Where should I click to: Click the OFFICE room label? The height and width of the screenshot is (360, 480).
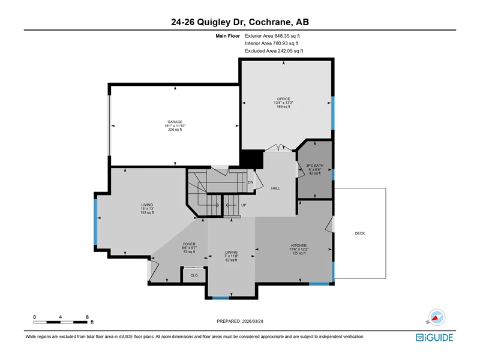point(283,99)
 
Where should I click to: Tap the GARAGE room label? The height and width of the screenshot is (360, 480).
point(175,122)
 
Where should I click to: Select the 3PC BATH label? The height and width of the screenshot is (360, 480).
point(314,166)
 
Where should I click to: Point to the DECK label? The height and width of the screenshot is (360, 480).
point(359,233)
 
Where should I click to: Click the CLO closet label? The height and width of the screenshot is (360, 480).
point(194,275)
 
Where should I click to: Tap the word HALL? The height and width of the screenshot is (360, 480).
point(275,188)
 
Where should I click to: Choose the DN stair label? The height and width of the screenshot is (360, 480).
point(251,182)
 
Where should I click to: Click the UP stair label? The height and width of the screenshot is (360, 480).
point(244,205)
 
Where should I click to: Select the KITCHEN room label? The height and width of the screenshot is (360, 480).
point(299,245)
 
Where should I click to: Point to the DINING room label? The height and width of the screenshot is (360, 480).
point(231,252)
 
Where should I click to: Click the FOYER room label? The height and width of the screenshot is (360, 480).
point(189,244)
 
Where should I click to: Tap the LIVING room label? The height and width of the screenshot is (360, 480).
point(147,205)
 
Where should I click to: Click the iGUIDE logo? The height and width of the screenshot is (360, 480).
point(434,337)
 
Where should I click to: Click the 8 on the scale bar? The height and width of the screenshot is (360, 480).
point(87,317)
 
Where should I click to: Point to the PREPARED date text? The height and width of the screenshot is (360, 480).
point(240,321)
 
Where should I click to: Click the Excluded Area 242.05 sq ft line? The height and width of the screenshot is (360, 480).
point(274,51)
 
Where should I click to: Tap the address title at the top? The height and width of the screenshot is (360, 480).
point(240,22)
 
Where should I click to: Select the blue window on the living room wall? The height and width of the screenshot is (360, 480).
point(95,222)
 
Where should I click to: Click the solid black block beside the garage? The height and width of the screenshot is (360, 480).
point(251,159)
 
